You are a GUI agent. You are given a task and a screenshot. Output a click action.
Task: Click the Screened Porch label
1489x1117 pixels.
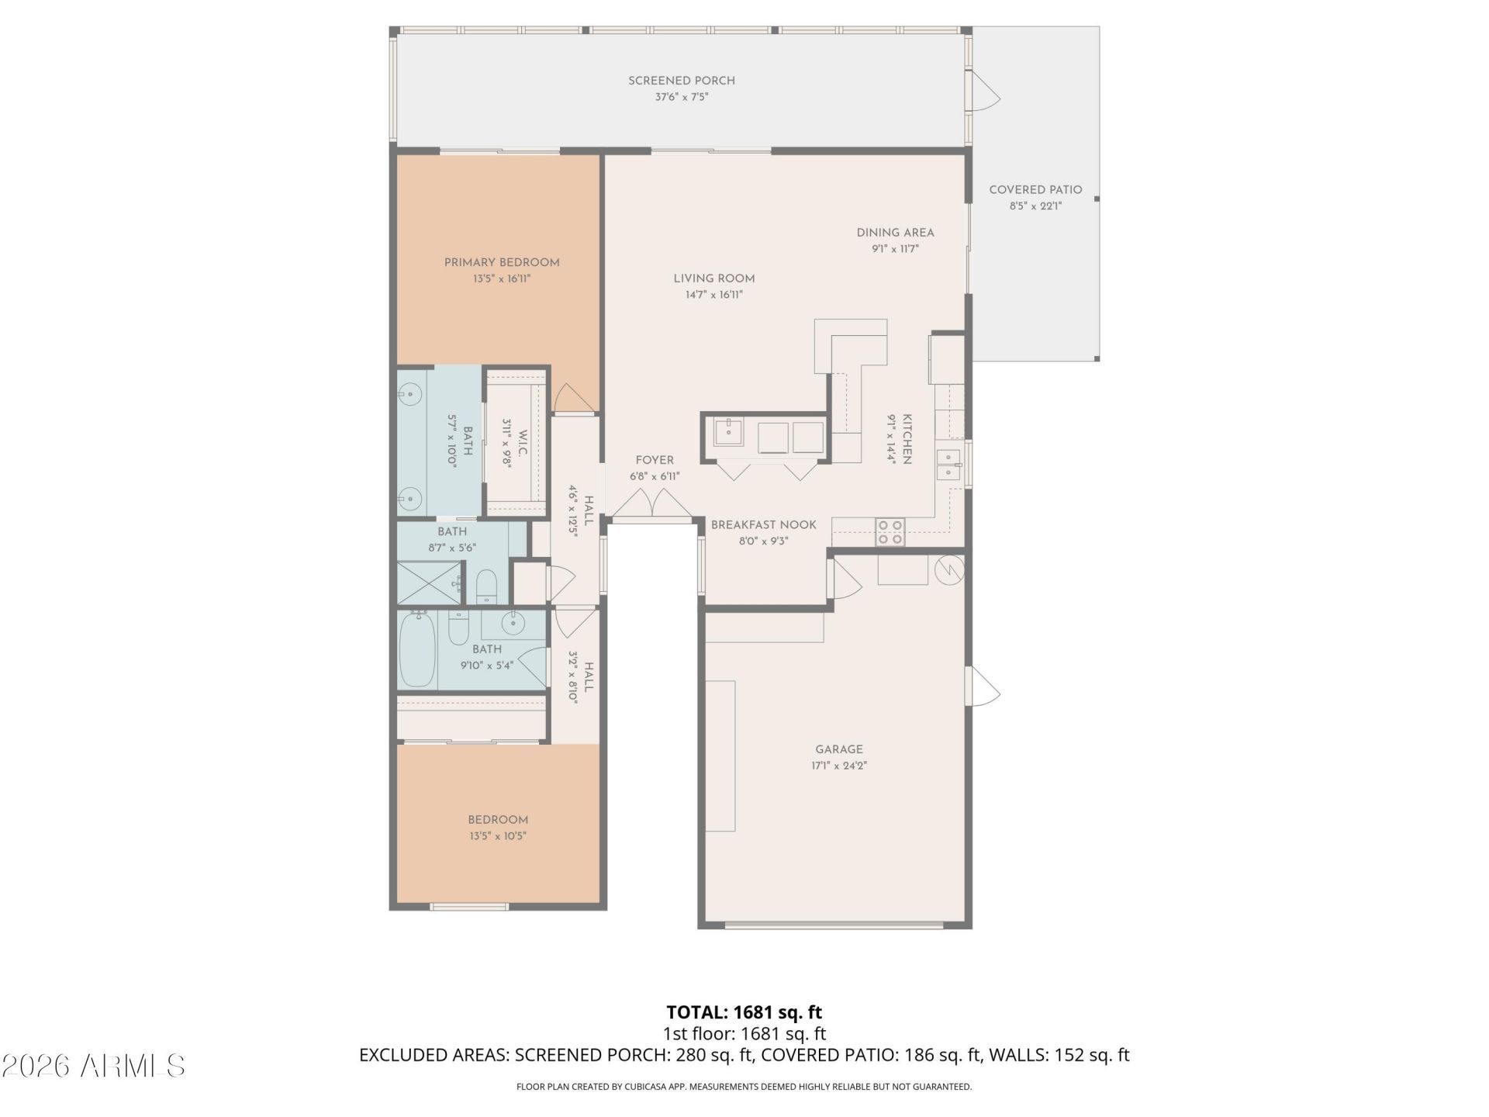point(681,81)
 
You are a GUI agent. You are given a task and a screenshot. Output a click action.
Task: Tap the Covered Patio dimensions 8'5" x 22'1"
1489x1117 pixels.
point(1035,206)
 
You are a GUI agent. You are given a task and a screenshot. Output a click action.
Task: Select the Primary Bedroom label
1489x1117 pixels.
point(502,262)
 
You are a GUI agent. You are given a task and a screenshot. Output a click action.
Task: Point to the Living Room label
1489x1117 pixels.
point(713,278)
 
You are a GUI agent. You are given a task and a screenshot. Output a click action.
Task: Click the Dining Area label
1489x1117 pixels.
point(895,233)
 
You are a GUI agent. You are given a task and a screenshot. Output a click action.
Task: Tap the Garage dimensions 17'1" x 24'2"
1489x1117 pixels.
point(839,766)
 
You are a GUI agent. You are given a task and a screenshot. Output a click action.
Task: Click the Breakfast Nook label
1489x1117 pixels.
point(764,525)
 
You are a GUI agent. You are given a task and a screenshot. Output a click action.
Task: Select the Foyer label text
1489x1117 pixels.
point(655,460)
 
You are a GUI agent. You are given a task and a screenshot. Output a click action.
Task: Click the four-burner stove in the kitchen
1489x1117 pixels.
point(890,532)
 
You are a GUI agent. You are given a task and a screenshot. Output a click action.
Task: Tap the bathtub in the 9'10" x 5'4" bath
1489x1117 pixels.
point(417,649)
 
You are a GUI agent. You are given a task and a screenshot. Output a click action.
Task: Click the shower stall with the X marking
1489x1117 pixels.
point(426,582)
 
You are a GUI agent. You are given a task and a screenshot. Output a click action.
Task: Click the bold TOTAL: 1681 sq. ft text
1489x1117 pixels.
point(744,1012)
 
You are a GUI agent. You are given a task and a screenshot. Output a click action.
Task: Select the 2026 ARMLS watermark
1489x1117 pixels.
point(93,1066)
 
